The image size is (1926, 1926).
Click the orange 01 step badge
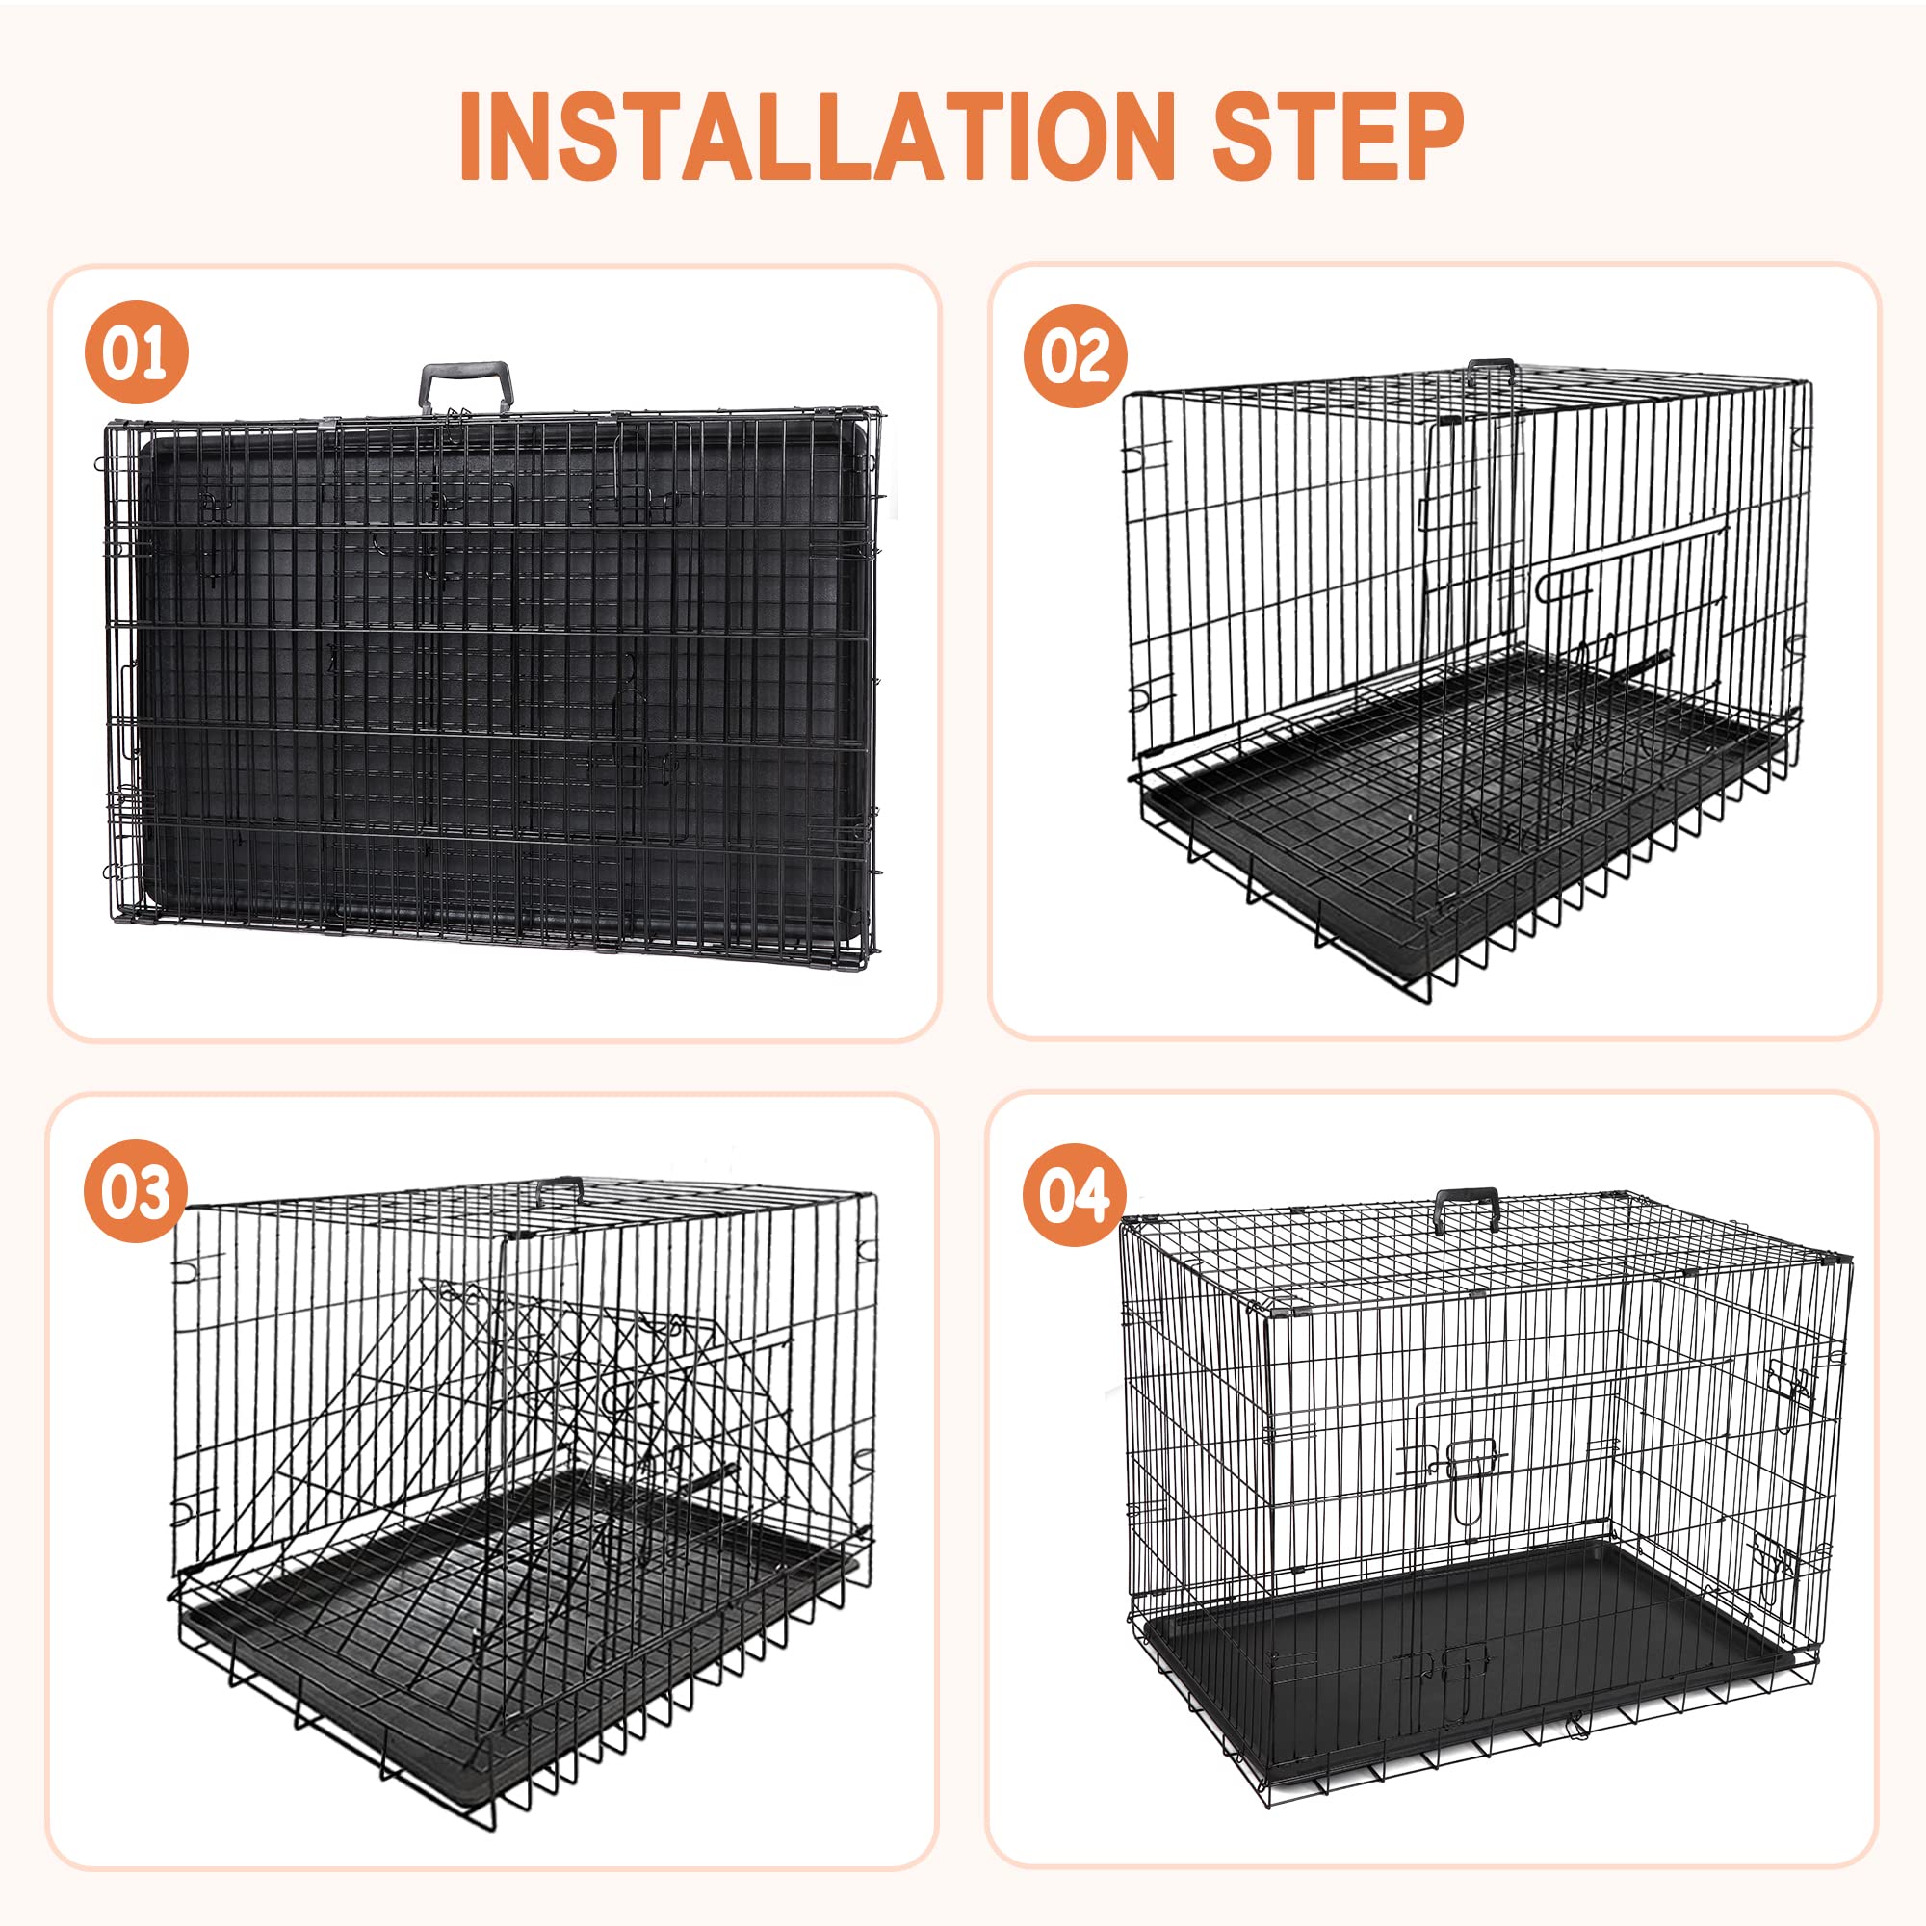(137, 351)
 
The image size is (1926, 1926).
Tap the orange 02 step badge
(1075, 356)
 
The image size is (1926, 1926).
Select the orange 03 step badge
(136, 1191)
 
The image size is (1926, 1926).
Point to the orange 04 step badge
(1074, 1194)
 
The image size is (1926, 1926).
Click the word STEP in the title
(1337, 137)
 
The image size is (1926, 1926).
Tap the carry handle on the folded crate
(465, 384)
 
